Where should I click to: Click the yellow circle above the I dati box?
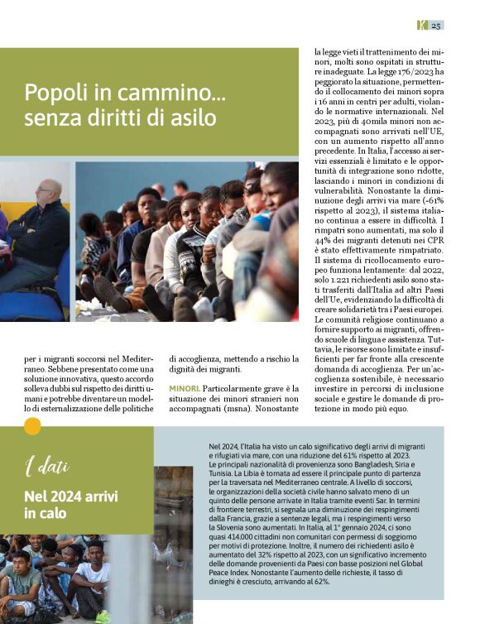tap(32, 426)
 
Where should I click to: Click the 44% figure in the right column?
tap(326, 238)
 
